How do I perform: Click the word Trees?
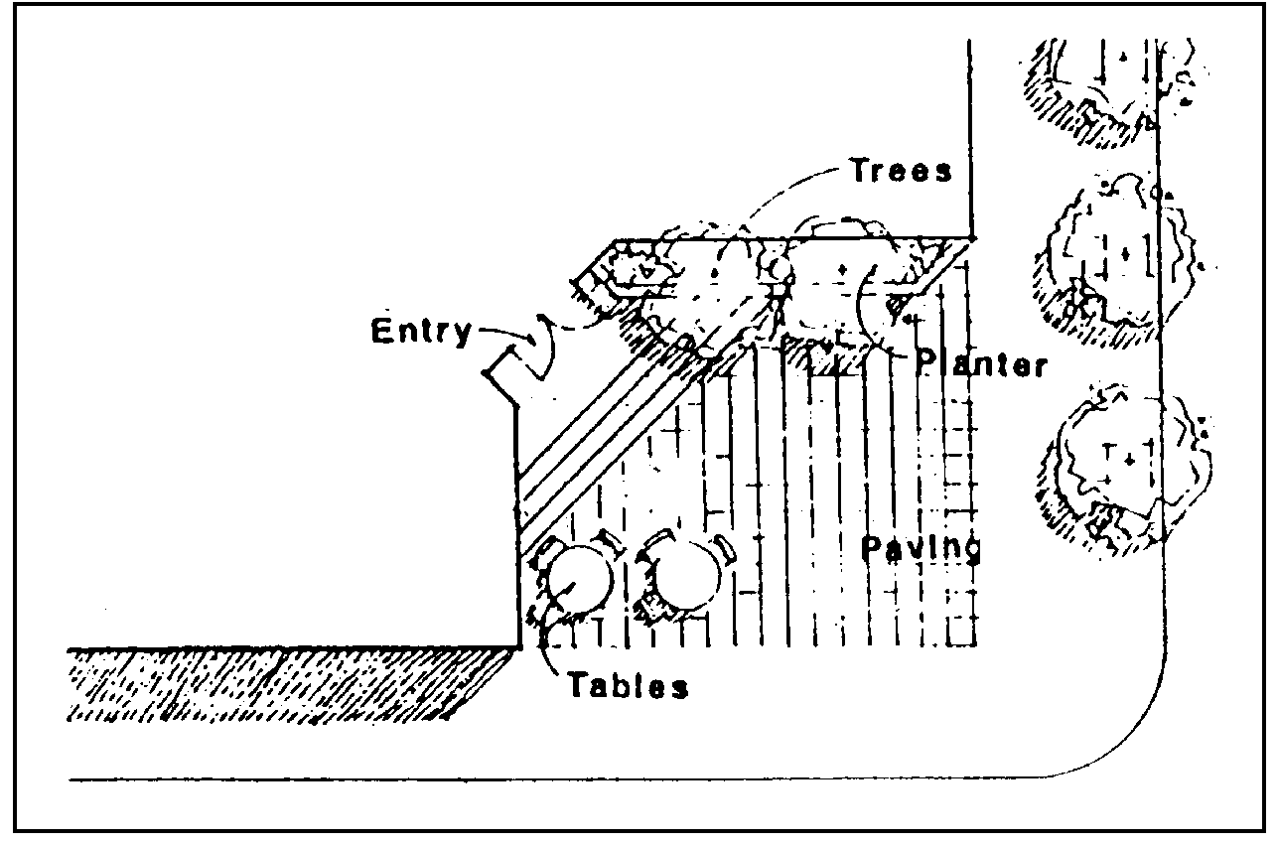901,170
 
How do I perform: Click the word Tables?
628,685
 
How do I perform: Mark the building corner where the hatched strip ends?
520,647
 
